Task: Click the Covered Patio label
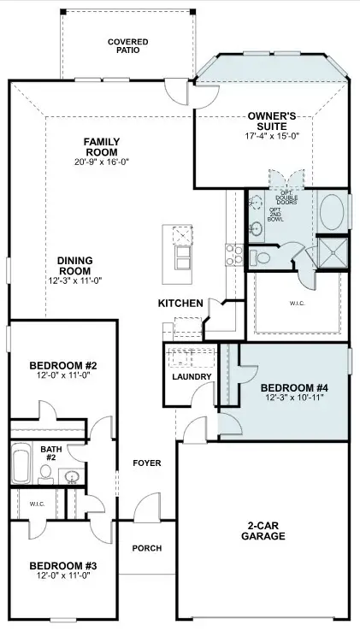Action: click(x=128, y=46)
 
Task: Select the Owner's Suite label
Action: click(x=272, y=121)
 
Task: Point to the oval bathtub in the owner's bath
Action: click(x=332, y=212)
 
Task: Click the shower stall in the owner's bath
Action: click(x=333, y=253)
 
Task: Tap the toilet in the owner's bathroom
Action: click(x=260, y=257)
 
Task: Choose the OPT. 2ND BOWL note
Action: click(x=275, y=215)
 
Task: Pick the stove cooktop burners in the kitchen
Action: click(x=234, y=255)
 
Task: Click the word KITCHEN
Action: click(x=180, y=303)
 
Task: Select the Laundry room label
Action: click(x=192, y=376)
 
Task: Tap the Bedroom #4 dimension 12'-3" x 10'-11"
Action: click(x=294, y=398)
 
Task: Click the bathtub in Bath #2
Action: click(x=21, y=463)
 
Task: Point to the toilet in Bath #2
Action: click(x=45, y=475)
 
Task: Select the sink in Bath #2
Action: click(x=72, y=476)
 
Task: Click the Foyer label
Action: click(x=147, y=463)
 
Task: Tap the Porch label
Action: click(x=147, y=548)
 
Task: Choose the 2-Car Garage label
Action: click(x=263, y=531)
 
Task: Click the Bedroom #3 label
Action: click(x=63, y=566)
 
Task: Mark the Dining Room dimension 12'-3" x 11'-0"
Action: click(x=74, y=280)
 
